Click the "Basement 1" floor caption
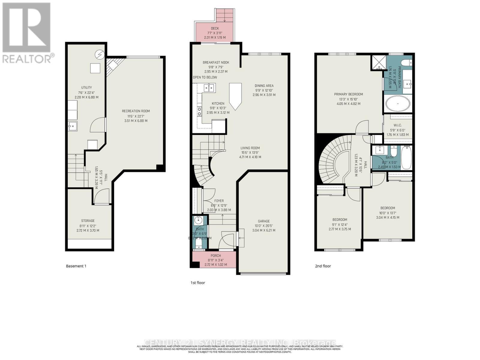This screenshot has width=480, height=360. click(76, 266)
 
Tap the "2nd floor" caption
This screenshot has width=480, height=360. click(323, 266)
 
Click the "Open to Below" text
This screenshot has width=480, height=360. click(205, 77)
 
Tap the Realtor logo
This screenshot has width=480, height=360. click(27, 33)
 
